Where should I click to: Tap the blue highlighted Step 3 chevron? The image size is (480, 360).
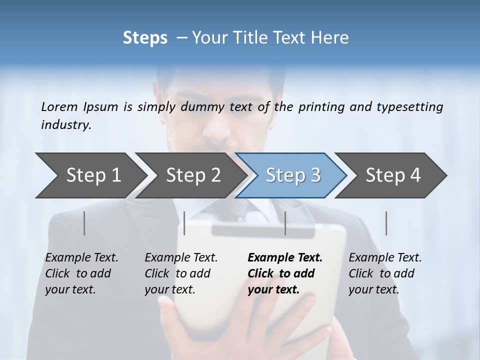[293, 175]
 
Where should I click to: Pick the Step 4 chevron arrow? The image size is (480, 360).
[393, 175]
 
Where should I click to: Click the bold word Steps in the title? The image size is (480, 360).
[145, 38]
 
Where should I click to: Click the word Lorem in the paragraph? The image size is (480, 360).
[59, 107]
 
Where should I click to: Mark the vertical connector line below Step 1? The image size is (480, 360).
[84, 223]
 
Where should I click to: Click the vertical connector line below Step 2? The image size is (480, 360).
[184, 223]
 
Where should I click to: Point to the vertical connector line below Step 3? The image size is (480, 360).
[285, 223]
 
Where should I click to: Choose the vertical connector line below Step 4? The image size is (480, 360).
[386, 223]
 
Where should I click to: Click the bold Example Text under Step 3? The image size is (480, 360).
[285, 258]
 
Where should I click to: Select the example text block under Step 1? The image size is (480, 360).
[81, 273]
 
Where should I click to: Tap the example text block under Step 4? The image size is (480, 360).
[385, 273]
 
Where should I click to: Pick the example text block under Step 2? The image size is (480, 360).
[181, 273]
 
